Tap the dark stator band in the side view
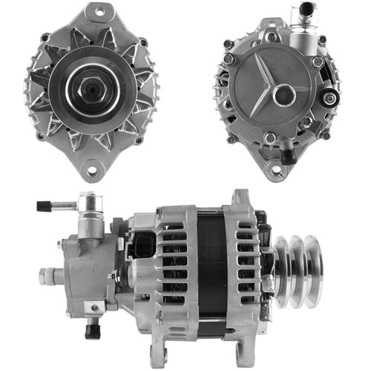pyautogui.click(x=212, y=267)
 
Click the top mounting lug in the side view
pyautogui.click(x=242, y=198)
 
